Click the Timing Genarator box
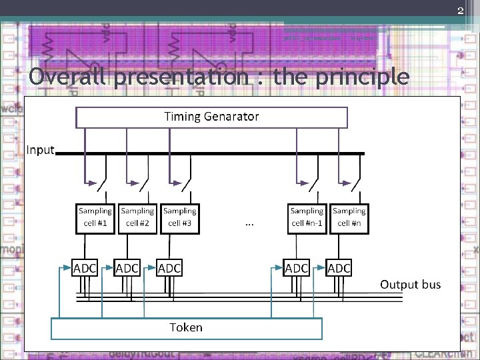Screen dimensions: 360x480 pyautogui.click(x=212, y=117)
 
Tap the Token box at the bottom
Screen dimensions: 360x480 pyautogui.click(x=187, y=328)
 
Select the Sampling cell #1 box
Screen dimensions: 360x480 pyautogui.click(x=95, y=218)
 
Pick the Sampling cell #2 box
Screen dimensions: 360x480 pyautogui.click(x=137, y=218)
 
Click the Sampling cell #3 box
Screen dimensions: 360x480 pyautogui.click(x=179, y=218)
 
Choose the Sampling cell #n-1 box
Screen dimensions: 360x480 pyautogui.click(x=307, y=218)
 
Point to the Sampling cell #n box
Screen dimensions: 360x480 pyautogui.click(x=349, y=218)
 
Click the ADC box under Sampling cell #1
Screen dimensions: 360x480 pyautogui.click(x=85, y=268)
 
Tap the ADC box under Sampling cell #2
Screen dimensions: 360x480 pyautogui.click(x=127, y=268)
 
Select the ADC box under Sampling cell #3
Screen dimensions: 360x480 pyautogui.click(x=169, y=268)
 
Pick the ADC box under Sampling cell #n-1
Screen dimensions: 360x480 pyautogui.click(x=297, y=268)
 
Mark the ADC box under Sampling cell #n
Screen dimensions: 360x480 pyautogui.click(x=339, y=268)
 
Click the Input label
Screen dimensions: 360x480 pyautogui.click(x=40, y=149)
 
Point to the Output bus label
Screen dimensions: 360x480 pyautogui.click(x=410, y=285)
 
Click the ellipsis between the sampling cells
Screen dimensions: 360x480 pyautogui.click(x=249, y=223)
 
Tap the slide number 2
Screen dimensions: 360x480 pyautogui.click(x=460, y=10)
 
